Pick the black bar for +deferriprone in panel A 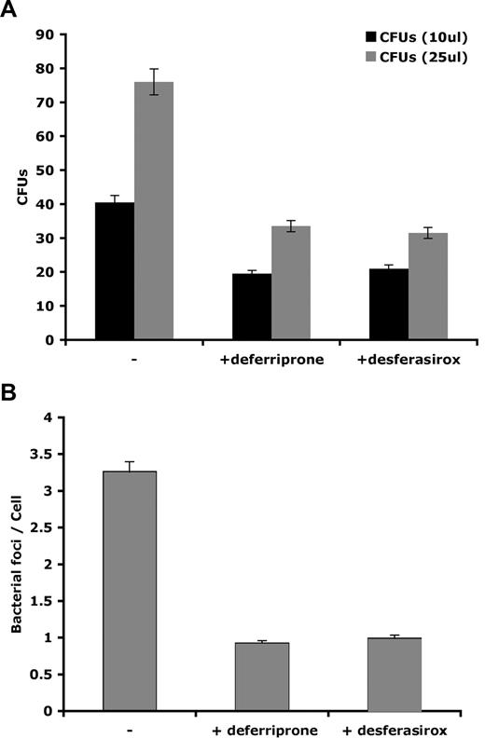pyautogui.click(x=252, y=307)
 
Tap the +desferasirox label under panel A pyautogui.click(x=407, y=358)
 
